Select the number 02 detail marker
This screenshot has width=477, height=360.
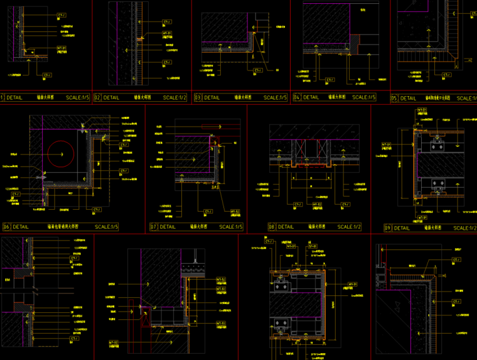(x=97, y=98)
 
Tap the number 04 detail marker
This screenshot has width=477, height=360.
(x=297, y=97)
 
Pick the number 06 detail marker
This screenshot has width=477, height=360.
(x=6, y=227)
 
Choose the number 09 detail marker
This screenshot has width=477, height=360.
(x=388, y=228)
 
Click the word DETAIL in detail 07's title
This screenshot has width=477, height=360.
(x=168, y=227)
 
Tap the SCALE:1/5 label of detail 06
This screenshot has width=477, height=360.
(x=107, y=227)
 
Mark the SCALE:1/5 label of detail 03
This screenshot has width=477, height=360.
(x=274, y=98)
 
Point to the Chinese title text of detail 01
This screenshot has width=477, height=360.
(x=44, y=98)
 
